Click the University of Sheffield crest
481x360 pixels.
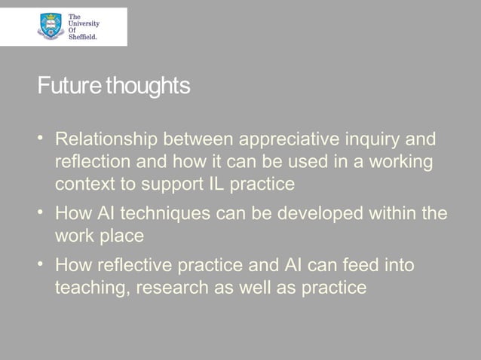click(50, 27)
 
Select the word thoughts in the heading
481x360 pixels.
click(149, 87)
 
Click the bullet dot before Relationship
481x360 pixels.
click(43, 139)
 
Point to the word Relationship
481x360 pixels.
click(103, 140)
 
